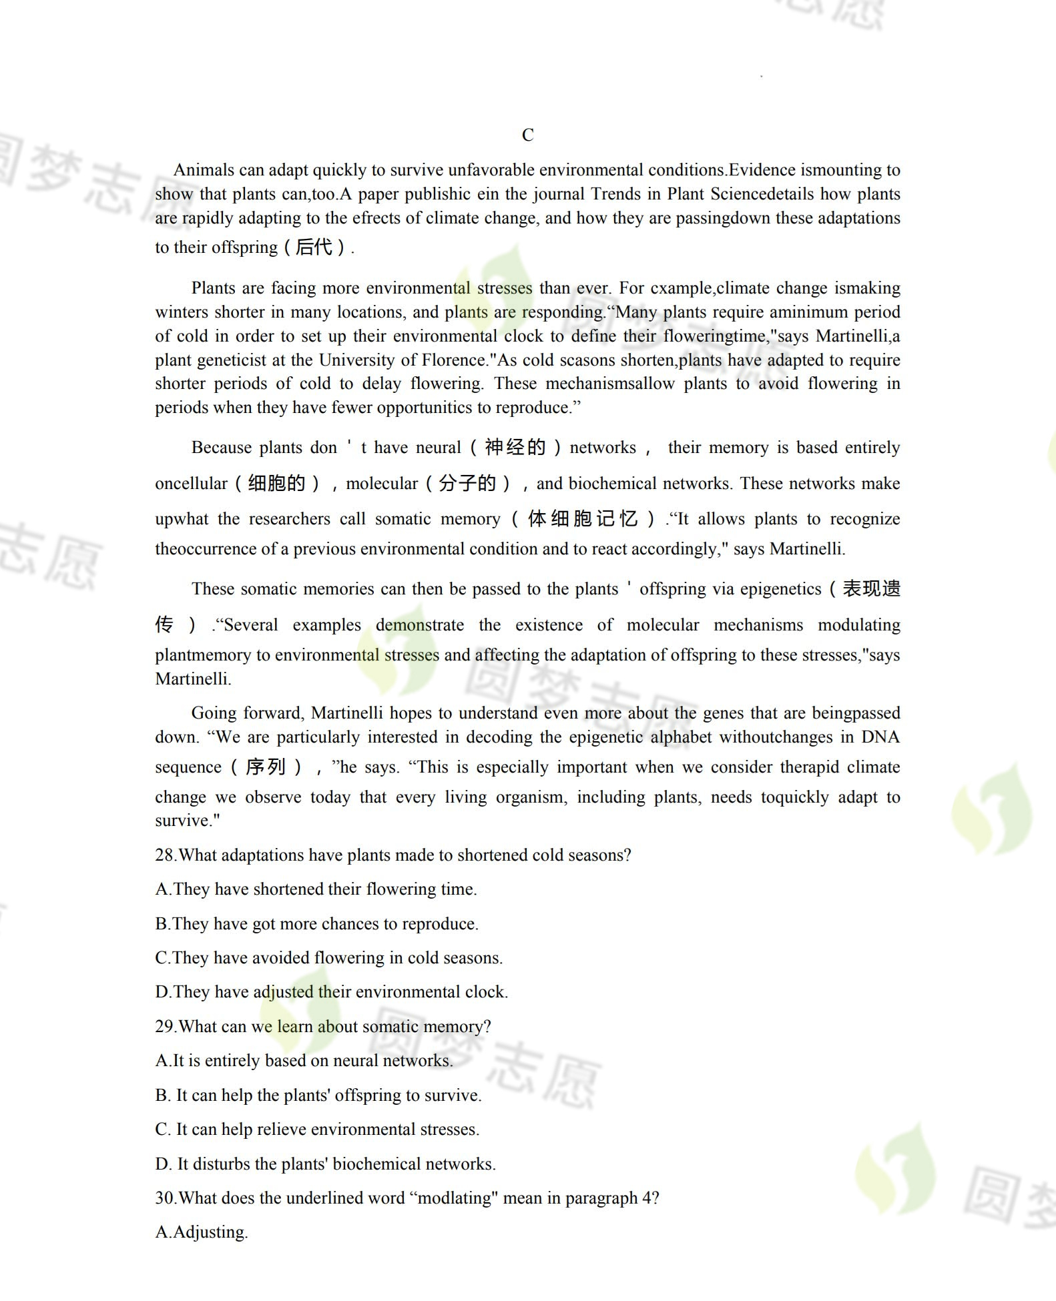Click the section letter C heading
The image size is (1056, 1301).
click(x=527, y=135)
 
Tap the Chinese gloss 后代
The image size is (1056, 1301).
click(x=314, y=248)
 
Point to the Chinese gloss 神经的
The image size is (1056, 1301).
click(x=515, y=448)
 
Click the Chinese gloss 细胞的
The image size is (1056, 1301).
click(x=276, y=484)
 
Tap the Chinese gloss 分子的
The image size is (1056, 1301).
click(x=467, y=484)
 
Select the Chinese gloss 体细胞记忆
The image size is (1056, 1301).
click(x=583, y=519)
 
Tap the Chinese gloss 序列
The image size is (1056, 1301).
click(x=266, y=767)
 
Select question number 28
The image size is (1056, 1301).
click(x=165, y=855)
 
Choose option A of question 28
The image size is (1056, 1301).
click(x=316, y=889)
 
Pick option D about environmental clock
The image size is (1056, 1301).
click(x=331, y=992)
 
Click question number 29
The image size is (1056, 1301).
click(x=165, y=1027)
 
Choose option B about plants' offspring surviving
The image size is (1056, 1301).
click(x=318, y=1096)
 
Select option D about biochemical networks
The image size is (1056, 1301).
click(x=325, y=1164)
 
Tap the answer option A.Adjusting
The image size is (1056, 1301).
click(x=202, y=1232)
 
